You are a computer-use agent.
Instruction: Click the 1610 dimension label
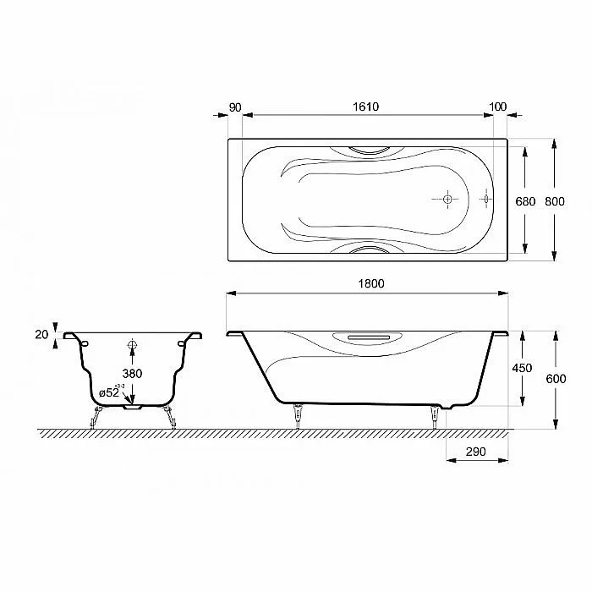pos(365,107)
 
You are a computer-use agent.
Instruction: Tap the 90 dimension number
pos(235,107)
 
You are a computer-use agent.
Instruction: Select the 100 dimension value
pos(497,107)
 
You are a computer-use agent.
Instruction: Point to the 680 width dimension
pos(525,201)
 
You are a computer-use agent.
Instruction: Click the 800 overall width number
pos(554,201)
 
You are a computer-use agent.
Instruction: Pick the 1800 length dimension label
pos(371,283)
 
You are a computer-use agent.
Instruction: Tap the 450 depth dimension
pos(522,368)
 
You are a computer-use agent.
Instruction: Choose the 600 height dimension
pos(556,379)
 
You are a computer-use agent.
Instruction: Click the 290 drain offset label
pos(475,452)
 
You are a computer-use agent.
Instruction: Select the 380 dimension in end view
pos(132,374)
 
